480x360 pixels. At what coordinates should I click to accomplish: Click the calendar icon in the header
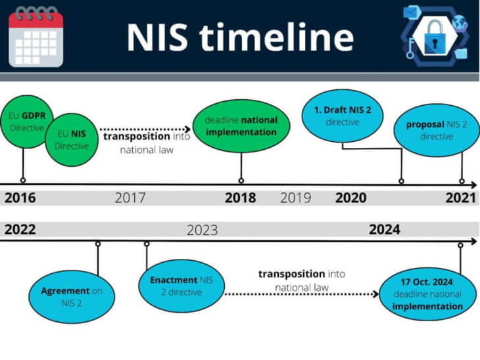[x=36, y=37]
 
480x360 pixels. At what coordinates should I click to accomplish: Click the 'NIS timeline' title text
[x=240, y=37]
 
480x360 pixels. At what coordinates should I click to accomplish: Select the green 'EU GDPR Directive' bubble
[x=23, y=123]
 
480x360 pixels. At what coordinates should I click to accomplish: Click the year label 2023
[x=203, y=230]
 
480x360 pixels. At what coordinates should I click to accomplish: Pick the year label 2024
[x=384, y=230]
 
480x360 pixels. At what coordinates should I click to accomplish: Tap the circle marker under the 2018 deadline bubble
[x=241, y=180]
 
